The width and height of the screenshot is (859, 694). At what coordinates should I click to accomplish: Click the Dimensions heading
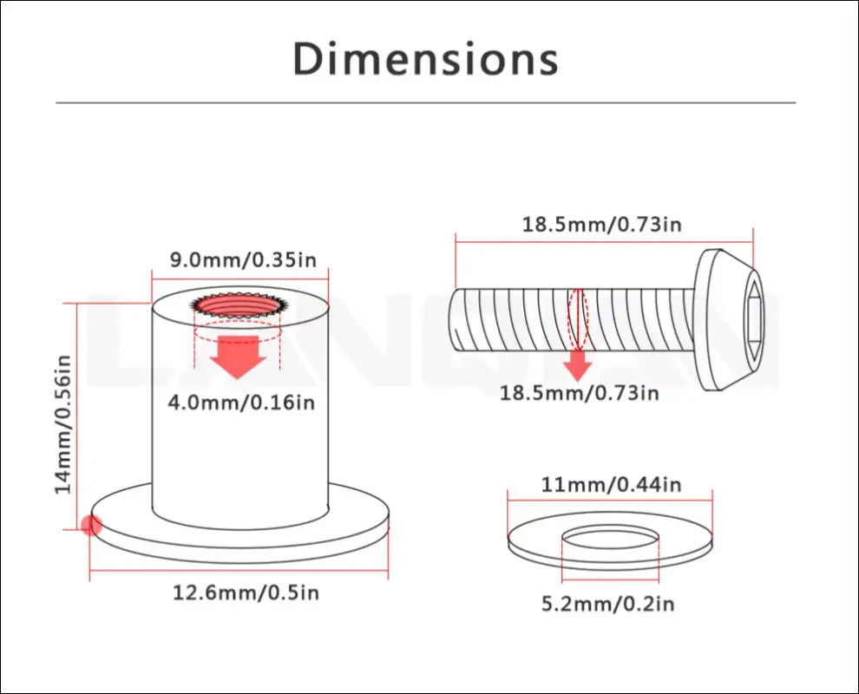click(x=426, y=59)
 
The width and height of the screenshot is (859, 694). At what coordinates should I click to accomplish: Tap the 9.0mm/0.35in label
click(x=243, y=259)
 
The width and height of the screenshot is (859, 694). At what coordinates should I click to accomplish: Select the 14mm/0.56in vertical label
click(x=63, y=424)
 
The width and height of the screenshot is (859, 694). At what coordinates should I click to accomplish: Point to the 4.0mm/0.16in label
click(x=241, y=403)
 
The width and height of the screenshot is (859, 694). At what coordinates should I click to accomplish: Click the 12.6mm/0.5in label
click(x=246, y=593)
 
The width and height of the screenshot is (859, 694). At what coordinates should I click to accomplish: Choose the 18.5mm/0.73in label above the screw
click(x=601, y=225)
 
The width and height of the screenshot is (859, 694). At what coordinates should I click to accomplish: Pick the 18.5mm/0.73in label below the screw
click(x=579, y=393)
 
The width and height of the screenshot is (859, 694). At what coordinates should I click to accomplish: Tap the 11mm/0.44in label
click(x=611, y=485)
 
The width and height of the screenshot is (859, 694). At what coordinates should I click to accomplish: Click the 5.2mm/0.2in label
click(x=608, y=604)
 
